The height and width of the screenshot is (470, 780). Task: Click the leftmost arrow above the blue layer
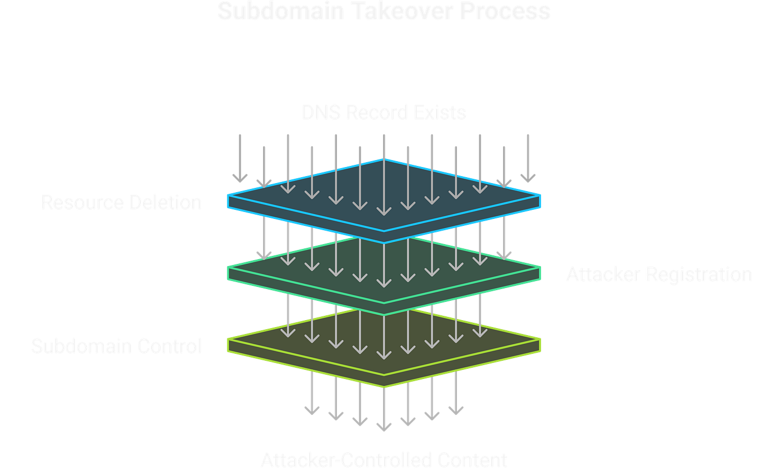[239, 158]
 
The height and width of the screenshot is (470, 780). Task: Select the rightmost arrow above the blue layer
[528, 158]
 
